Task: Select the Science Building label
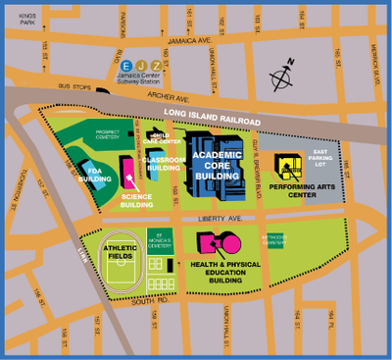[137, 200]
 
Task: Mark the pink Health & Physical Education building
[218, 241]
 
